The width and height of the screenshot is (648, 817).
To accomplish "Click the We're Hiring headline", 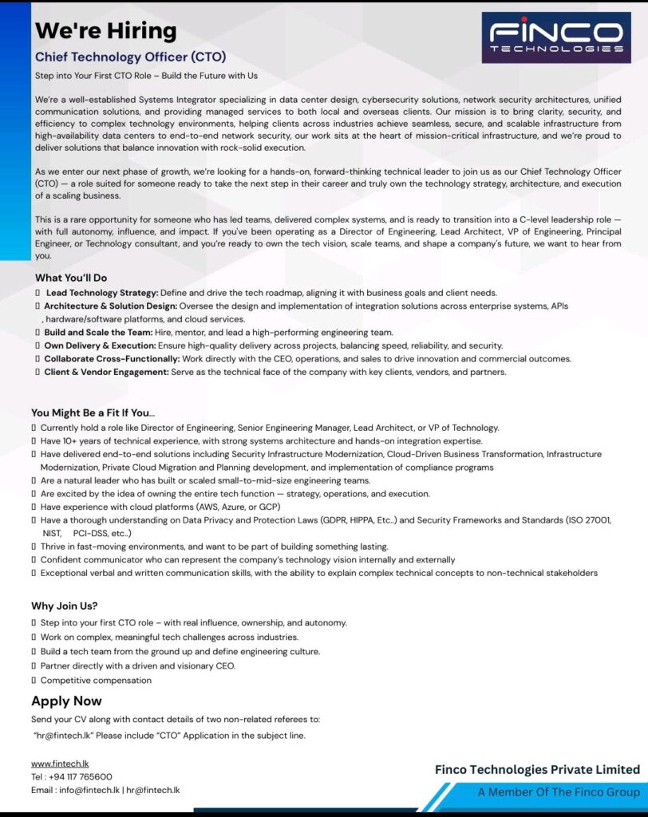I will click(105, 31).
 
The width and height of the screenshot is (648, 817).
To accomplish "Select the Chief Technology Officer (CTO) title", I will click(131, 57).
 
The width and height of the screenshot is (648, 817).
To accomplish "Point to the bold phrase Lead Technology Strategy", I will click(102, 293).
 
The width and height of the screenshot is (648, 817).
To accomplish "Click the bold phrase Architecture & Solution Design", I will click(111, 306).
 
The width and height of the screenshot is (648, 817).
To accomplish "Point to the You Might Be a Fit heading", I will click(93, 412).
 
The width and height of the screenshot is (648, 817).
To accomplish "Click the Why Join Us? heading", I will click(65, 606).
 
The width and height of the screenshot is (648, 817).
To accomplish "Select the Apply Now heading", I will click(66, 701).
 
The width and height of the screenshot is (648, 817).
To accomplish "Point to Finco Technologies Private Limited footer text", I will click(537, 770).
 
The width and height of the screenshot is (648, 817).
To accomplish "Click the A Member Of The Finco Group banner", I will click(559, 792).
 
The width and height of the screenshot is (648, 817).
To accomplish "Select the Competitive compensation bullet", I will click(96, 681).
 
